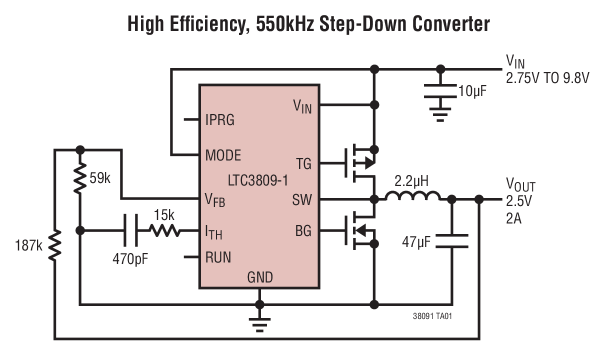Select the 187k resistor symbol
pyautogui.click(x=54, y=245)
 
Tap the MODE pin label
pyautogui.click(x=223, y=155)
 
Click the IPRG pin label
pyautogui.click(x=219, y=120)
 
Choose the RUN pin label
pyautogui.click(x=218, y=257)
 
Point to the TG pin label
pyautogui.click(x=303, y=163)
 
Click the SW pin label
pyautogui.click(x=301, y=200)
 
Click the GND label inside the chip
pyautogui.click(x=259, y=277)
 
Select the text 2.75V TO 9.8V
pyautogui.click(x=547, y=78)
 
